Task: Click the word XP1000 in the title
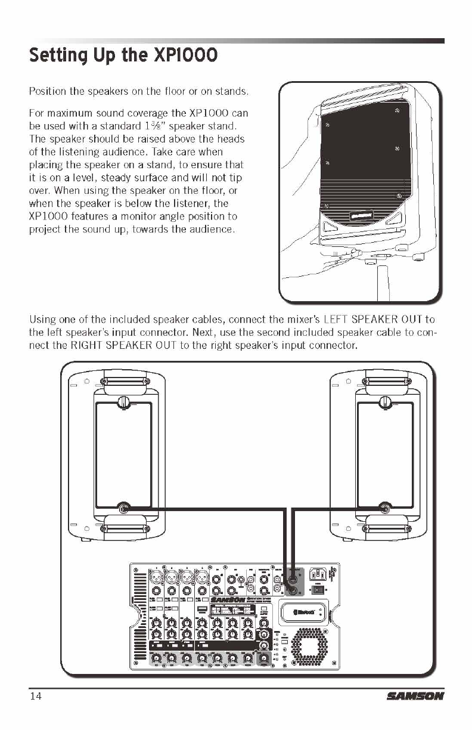(185, 56)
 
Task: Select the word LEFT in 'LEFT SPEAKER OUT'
(349, 320)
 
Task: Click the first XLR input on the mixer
(157, 577)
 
